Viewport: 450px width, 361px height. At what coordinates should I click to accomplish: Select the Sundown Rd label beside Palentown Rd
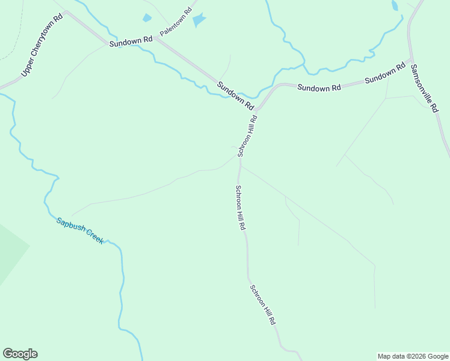[131, 42]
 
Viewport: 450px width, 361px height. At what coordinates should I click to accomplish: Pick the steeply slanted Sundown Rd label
[236, 96]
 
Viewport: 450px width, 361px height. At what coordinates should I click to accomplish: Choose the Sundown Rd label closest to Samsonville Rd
[385, 73]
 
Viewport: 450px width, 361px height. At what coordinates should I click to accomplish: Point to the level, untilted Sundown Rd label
[319, 88]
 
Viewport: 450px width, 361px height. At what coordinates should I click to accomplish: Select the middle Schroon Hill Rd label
[240, 208]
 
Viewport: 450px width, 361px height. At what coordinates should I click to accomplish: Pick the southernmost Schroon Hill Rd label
[263, 304]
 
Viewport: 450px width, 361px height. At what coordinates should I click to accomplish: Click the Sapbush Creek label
[80, 230]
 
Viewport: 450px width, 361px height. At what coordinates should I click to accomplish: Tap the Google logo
[20, 354]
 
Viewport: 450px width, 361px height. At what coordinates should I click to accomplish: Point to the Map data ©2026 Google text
[413, 356]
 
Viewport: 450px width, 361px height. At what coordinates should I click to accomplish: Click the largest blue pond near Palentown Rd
[199, 20]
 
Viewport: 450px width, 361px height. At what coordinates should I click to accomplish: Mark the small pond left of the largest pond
[147, 18]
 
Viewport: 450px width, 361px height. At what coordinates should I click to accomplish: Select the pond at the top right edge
[395, 5]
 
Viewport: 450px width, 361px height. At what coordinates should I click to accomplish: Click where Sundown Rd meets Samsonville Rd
[411, 60]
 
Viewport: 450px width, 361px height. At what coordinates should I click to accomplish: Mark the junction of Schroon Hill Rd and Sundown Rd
[258, 111]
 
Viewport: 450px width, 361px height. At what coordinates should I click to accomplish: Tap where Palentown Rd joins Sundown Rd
[155, 38]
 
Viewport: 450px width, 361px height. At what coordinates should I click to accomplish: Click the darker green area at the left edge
[10, 253]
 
